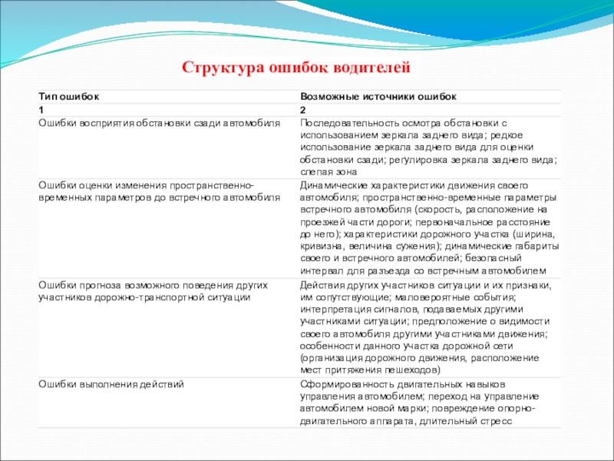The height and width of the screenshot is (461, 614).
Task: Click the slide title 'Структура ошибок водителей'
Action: click(x=296, y=68)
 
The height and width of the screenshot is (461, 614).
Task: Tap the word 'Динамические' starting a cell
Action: click(x=332, y=186)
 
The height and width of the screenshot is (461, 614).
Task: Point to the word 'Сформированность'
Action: click(x=343, y=383)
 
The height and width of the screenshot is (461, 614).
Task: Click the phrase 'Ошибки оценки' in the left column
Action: click(x=71, y=186)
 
